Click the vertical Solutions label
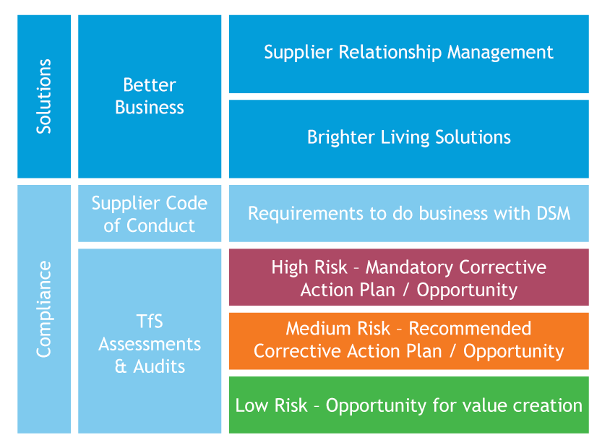point(44,96)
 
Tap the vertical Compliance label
point(44,309)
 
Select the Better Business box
point(150,96)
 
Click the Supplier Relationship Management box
point(409,54)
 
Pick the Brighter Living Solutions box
point(409,139)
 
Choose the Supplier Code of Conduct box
point(150,213)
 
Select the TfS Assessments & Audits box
point(150,341)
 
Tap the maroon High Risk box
point(409,277)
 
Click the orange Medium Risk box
point(409,341)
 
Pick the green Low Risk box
point(409,405)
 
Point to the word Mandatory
point(409,268)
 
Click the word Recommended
point(470,329)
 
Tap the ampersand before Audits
point(121,367)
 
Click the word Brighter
point(341,138)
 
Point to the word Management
point(500,53)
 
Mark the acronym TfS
point(150,322)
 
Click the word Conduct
point(160,226)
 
